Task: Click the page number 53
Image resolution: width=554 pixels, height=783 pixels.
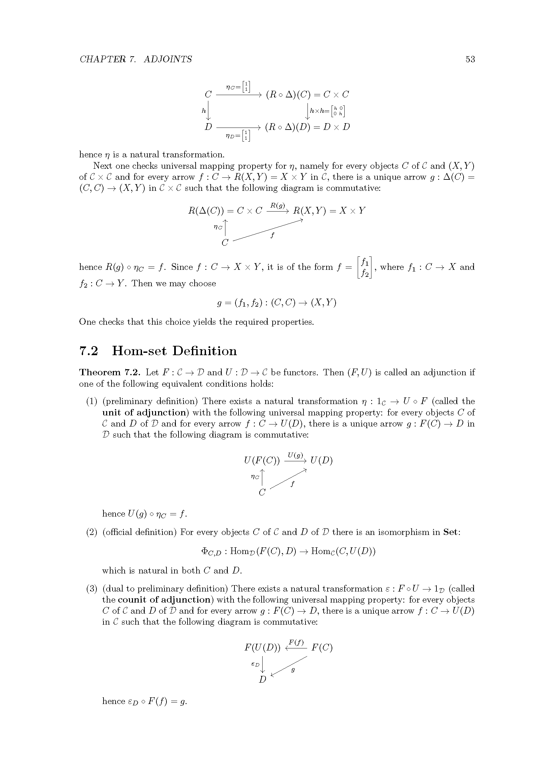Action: point(470,59)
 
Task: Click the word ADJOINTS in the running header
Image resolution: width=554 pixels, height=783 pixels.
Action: point(168,59)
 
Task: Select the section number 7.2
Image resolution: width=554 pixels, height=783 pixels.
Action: point(89,351)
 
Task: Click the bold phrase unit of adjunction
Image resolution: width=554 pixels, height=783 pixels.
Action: point(145,413)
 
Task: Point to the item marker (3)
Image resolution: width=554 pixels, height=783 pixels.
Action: point(92,589)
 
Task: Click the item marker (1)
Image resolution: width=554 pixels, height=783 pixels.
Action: point(92,401)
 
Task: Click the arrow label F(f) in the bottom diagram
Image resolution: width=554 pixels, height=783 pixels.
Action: point(296,642)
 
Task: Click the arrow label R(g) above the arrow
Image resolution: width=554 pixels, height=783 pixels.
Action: point(277,205)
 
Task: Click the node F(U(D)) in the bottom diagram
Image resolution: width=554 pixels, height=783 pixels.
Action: point(262,648)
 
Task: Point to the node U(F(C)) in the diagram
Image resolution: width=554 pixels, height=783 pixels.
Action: point(262,461)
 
